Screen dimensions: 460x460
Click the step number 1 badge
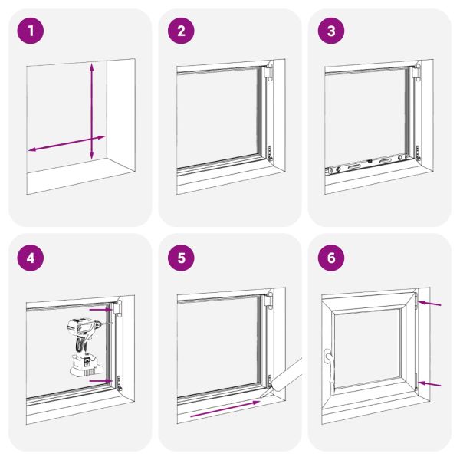(x=31, y=31)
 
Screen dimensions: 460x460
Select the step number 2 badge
(x=182, y=31)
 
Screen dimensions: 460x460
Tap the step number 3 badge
(x=331, y=31)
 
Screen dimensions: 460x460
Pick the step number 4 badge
(x=31, y=257)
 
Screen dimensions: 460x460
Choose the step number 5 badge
(x=182, y=257)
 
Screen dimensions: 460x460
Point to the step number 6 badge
(x=331, y=257)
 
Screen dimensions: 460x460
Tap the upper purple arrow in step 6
(x=432, y=306)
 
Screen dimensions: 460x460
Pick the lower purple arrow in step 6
(x=432, y=383)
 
